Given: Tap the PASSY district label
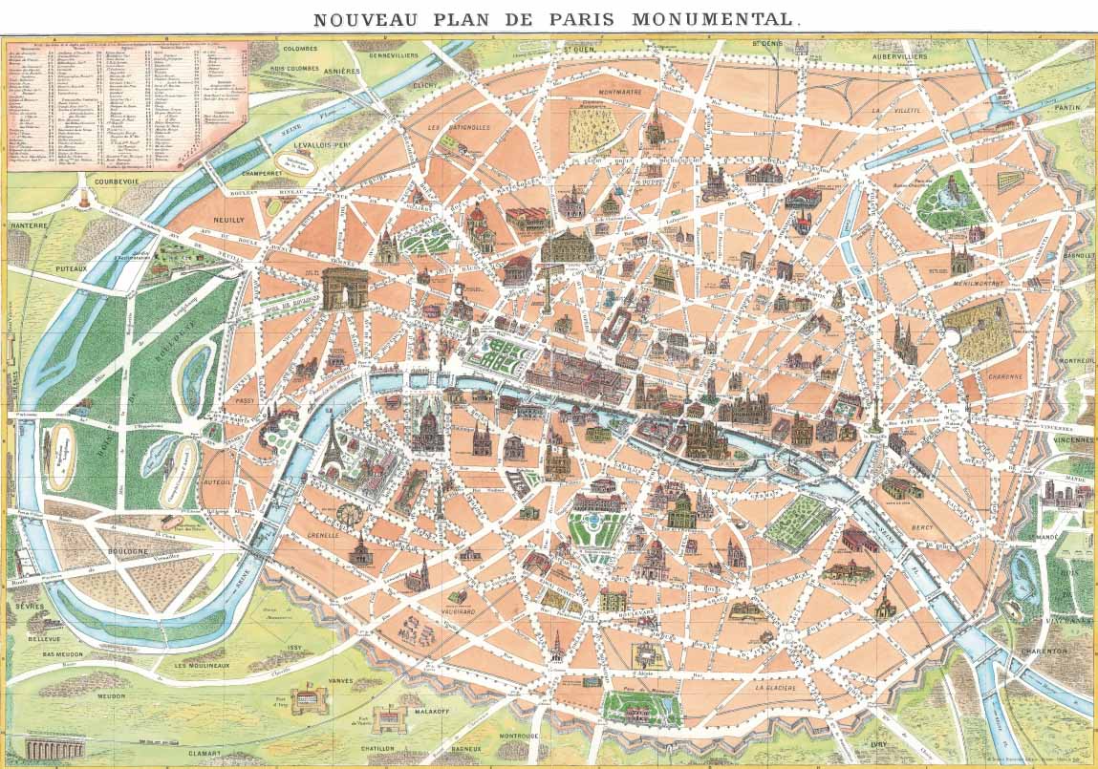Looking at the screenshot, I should (246, 402).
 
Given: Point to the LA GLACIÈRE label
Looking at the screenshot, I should (777, 687).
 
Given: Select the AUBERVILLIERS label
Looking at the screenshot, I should (899, 56).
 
